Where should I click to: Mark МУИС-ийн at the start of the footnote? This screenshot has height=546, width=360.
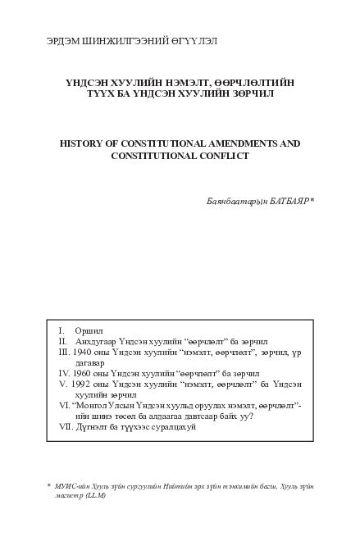[x=75, y=485]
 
